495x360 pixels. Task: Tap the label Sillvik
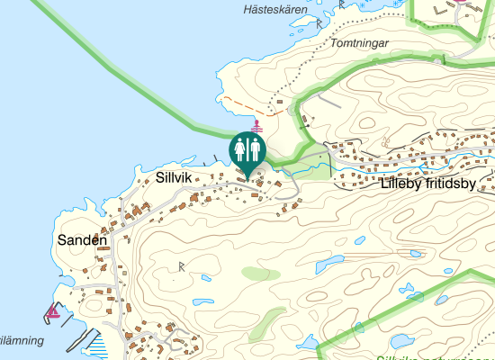coord(174,177)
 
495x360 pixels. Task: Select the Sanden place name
coord(82,240)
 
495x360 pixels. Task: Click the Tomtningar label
coord(358,42)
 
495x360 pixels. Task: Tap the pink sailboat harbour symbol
coord(53,312)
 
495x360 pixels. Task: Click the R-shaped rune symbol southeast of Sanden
coord(182,265)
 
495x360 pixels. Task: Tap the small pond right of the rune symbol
coord(202,301)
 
